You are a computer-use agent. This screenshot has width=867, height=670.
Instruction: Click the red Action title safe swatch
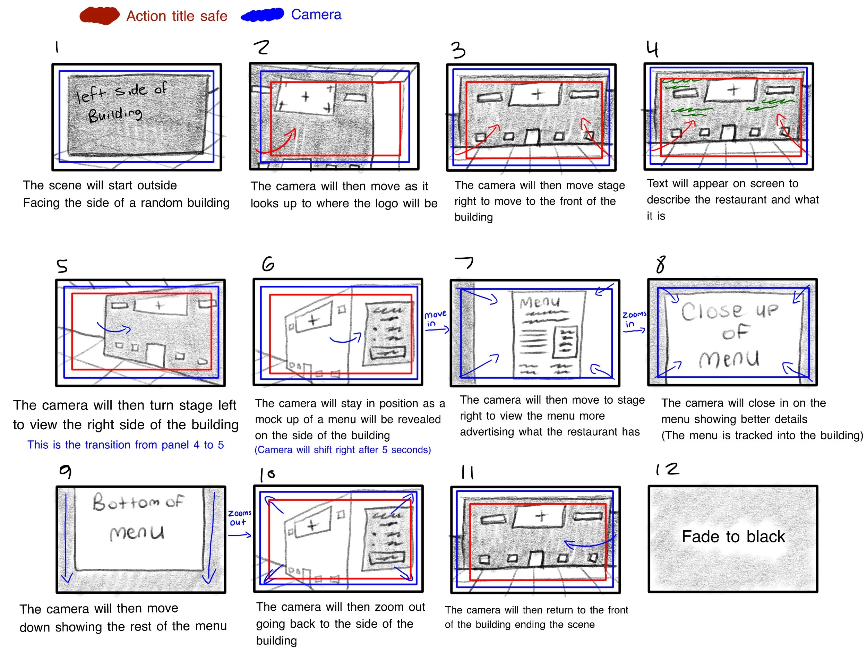point(99,16)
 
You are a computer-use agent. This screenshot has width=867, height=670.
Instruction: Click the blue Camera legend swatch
point(263,15)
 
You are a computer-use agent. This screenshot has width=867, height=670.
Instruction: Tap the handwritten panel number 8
point(661,264)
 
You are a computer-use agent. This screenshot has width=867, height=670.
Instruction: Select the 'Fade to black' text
point(733,536)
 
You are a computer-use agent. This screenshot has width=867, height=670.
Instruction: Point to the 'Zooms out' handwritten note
point(239,517)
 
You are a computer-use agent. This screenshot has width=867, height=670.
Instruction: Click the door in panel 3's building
point(533,137)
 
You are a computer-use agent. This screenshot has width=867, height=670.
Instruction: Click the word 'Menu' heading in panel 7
point(540,302)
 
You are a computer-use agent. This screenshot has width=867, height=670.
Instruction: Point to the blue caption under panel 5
point(126,445)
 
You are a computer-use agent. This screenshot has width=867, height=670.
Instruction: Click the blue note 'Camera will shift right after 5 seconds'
point(343,450)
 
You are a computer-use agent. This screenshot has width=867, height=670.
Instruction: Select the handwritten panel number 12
point(667,470)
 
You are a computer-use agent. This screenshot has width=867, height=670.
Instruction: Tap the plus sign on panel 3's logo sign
point(538,94)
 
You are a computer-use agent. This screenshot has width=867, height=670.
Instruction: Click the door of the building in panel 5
point(156,354)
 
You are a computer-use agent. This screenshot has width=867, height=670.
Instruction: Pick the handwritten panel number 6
point(268,264)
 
